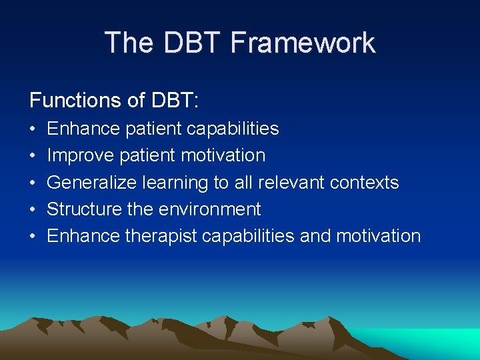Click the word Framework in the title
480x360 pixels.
303,43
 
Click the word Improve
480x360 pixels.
81,155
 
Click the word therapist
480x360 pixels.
161,236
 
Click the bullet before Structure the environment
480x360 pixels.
33,209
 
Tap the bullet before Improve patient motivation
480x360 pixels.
33,155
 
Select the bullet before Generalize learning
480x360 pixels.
33,183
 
